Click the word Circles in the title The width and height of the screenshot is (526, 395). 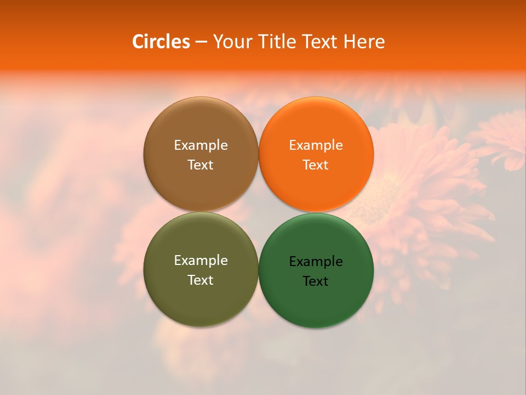pyautogui.click(x=161, y=42)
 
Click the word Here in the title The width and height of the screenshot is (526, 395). pyautogui.click(x=364, y=42)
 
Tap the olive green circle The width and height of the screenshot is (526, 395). pyautogui.click(x=201, y=299)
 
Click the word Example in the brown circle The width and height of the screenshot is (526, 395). pyautogui.click(x=201, y=145)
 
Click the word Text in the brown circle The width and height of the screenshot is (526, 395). pyautogui.click(x=201, y=165)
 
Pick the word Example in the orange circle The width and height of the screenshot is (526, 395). pyautogui.click(x=316, y=145)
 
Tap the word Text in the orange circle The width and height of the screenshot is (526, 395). pyautogui.click(x=316, y=165)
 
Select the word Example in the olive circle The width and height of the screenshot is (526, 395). pyautogui.click(x=201, y=261)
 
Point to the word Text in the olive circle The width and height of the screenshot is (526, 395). pyautogui.click(x=201, y=280)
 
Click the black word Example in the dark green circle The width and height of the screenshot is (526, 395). pyautogui.click(x=316, y=262)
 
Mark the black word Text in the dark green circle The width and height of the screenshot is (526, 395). pyautogui.click(x=316, y=281)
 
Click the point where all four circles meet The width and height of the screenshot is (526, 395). pyautogui.click(x=259, y=212)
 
